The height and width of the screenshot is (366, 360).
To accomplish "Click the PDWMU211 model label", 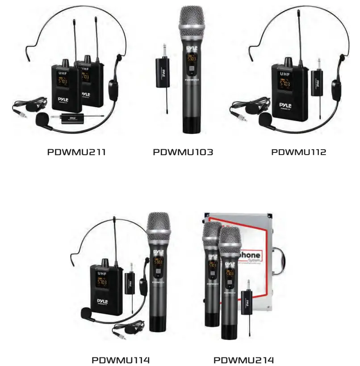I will click(x=76, y=152).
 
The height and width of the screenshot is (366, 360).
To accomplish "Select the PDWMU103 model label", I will click(x=183, y=152).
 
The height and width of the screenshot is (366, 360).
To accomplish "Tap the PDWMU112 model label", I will click(x=299, y=152).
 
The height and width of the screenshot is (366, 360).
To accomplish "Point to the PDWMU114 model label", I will click(x=121, y=360).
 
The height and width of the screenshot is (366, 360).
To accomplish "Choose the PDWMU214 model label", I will click(x=243, y=360).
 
